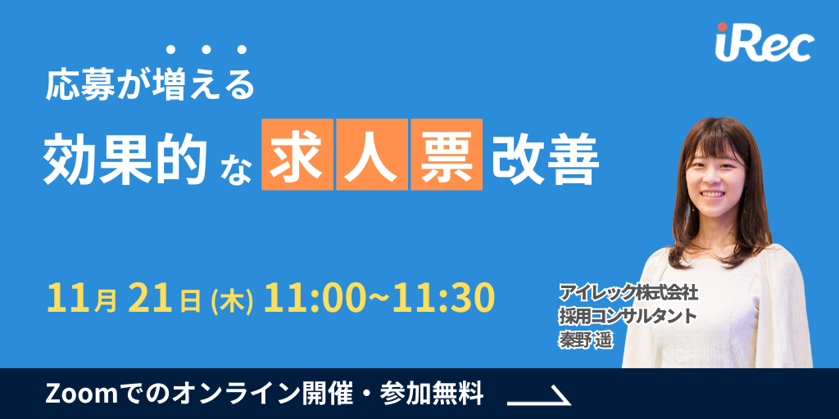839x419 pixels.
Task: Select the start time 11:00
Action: [x=306, y=298]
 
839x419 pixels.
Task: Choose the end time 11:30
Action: [x=443, y=298]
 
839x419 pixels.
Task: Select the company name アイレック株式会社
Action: [x=628, y=292]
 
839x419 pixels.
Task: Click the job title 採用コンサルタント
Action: [x=628, y=314]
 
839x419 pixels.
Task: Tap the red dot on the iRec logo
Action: [x=722, y=29]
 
